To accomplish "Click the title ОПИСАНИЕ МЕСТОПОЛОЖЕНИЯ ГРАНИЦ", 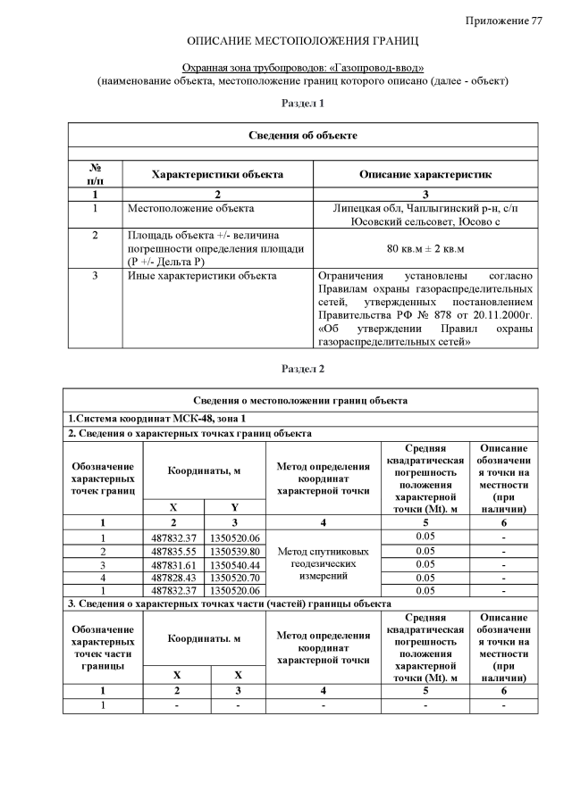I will pos(302,42).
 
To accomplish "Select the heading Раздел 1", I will pos(302,104).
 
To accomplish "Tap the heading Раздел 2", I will pos(302,369).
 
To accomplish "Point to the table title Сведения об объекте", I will pos(302,135).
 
